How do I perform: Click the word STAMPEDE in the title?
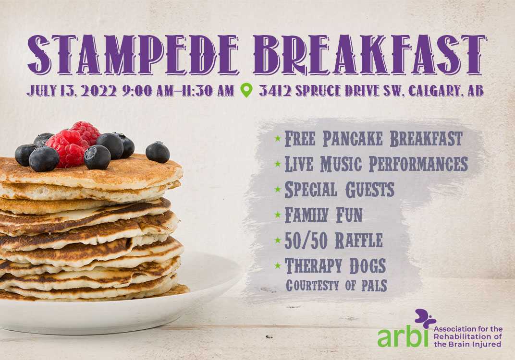coord(134,54)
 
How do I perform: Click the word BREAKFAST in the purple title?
coord(369,54)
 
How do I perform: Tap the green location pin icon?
coord(246,90)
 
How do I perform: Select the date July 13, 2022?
coord(72,91)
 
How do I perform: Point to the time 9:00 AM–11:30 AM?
coord(178,91)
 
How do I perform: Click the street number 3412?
coord(275,91)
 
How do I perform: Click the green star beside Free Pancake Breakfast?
coord(278,139)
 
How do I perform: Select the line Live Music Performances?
coord(376,164)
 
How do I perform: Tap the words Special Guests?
coord(339,190)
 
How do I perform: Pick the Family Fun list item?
coord(323,215)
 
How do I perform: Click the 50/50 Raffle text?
coord(333,240)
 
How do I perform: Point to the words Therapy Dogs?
coord(335,266)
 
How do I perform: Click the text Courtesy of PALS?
coord(336,286)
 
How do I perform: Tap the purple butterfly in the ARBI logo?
coord(425,318)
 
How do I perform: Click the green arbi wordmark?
coord(403,337)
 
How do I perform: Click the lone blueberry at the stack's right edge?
coord(158,152)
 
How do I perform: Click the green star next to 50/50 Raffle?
coord(278,240)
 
